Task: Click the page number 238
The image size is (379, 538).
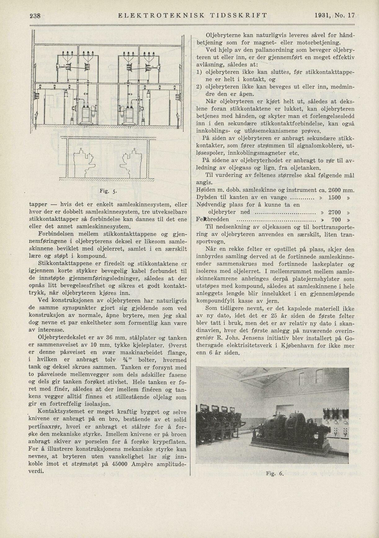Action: click(x=35, y=16)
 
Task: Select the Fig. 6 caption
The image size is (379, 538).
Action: click(x=275, y=474)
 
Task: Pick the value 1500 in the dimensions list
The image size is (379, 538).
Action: click(x=334, y=197)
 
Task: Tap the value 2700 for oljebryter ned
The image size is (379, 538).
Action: click(x=334, y=212)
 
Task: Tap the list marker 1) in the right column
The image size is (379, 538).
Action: click(x=199, y=72)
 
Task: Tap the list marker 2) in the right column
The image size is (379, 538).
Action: click(x=199, y=87)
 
